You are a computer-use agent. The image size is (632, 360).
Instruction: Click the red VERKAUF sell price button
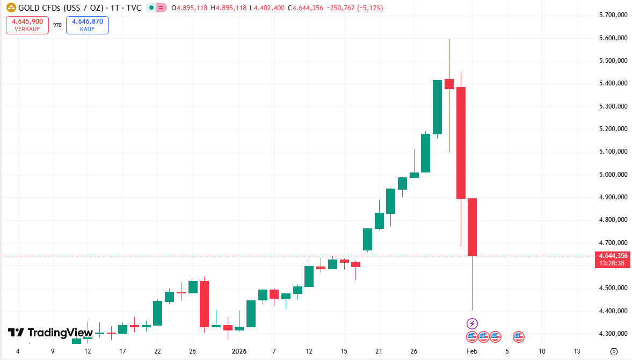(x=27, y=25)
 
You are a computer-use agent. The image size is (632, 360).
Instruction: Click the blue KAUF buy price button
(x=87, y=25)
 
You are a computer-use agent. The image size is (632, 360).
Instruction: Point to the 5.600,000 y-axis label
(x=613, y=38)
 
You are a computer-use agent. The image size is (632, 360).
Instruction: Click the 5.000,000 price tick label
(x=613, y=175)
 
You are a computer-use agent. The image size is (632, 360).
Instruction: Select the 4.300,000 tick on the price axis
(x=613, y=334)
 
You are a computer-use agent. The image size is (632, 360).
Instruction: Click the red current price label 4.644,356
(x=613, y=256)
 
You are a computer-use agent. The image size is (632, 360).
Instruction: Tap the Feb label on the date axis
(x=471, y=351)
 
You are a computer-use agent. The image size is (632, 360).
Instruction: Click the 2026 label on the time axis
(x=239, y=351)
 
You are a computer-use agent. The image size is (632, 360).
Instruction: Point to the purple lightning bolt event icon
(x=471, y=323)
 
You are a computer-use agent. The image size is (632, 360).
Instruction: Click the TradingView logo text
(x=50, y=333)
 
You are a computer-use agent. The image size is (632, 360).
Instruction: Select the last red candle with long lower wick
(x=472, y=227)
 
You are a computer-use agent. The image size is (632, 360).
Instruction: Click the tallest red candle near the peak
(x=461, y=142)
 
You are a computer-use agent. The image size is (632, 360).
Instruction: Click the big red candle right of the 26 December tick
(x=204, y=304)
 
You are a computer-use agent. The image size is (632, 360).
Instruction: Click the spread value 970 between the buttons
(x=57, y=25)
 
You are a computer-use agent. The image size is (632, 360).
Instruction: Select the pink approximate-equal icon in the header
(x=162, y=8)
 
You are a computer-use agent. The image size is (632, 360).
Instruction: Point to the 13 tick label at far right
(x=577, y=351)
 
